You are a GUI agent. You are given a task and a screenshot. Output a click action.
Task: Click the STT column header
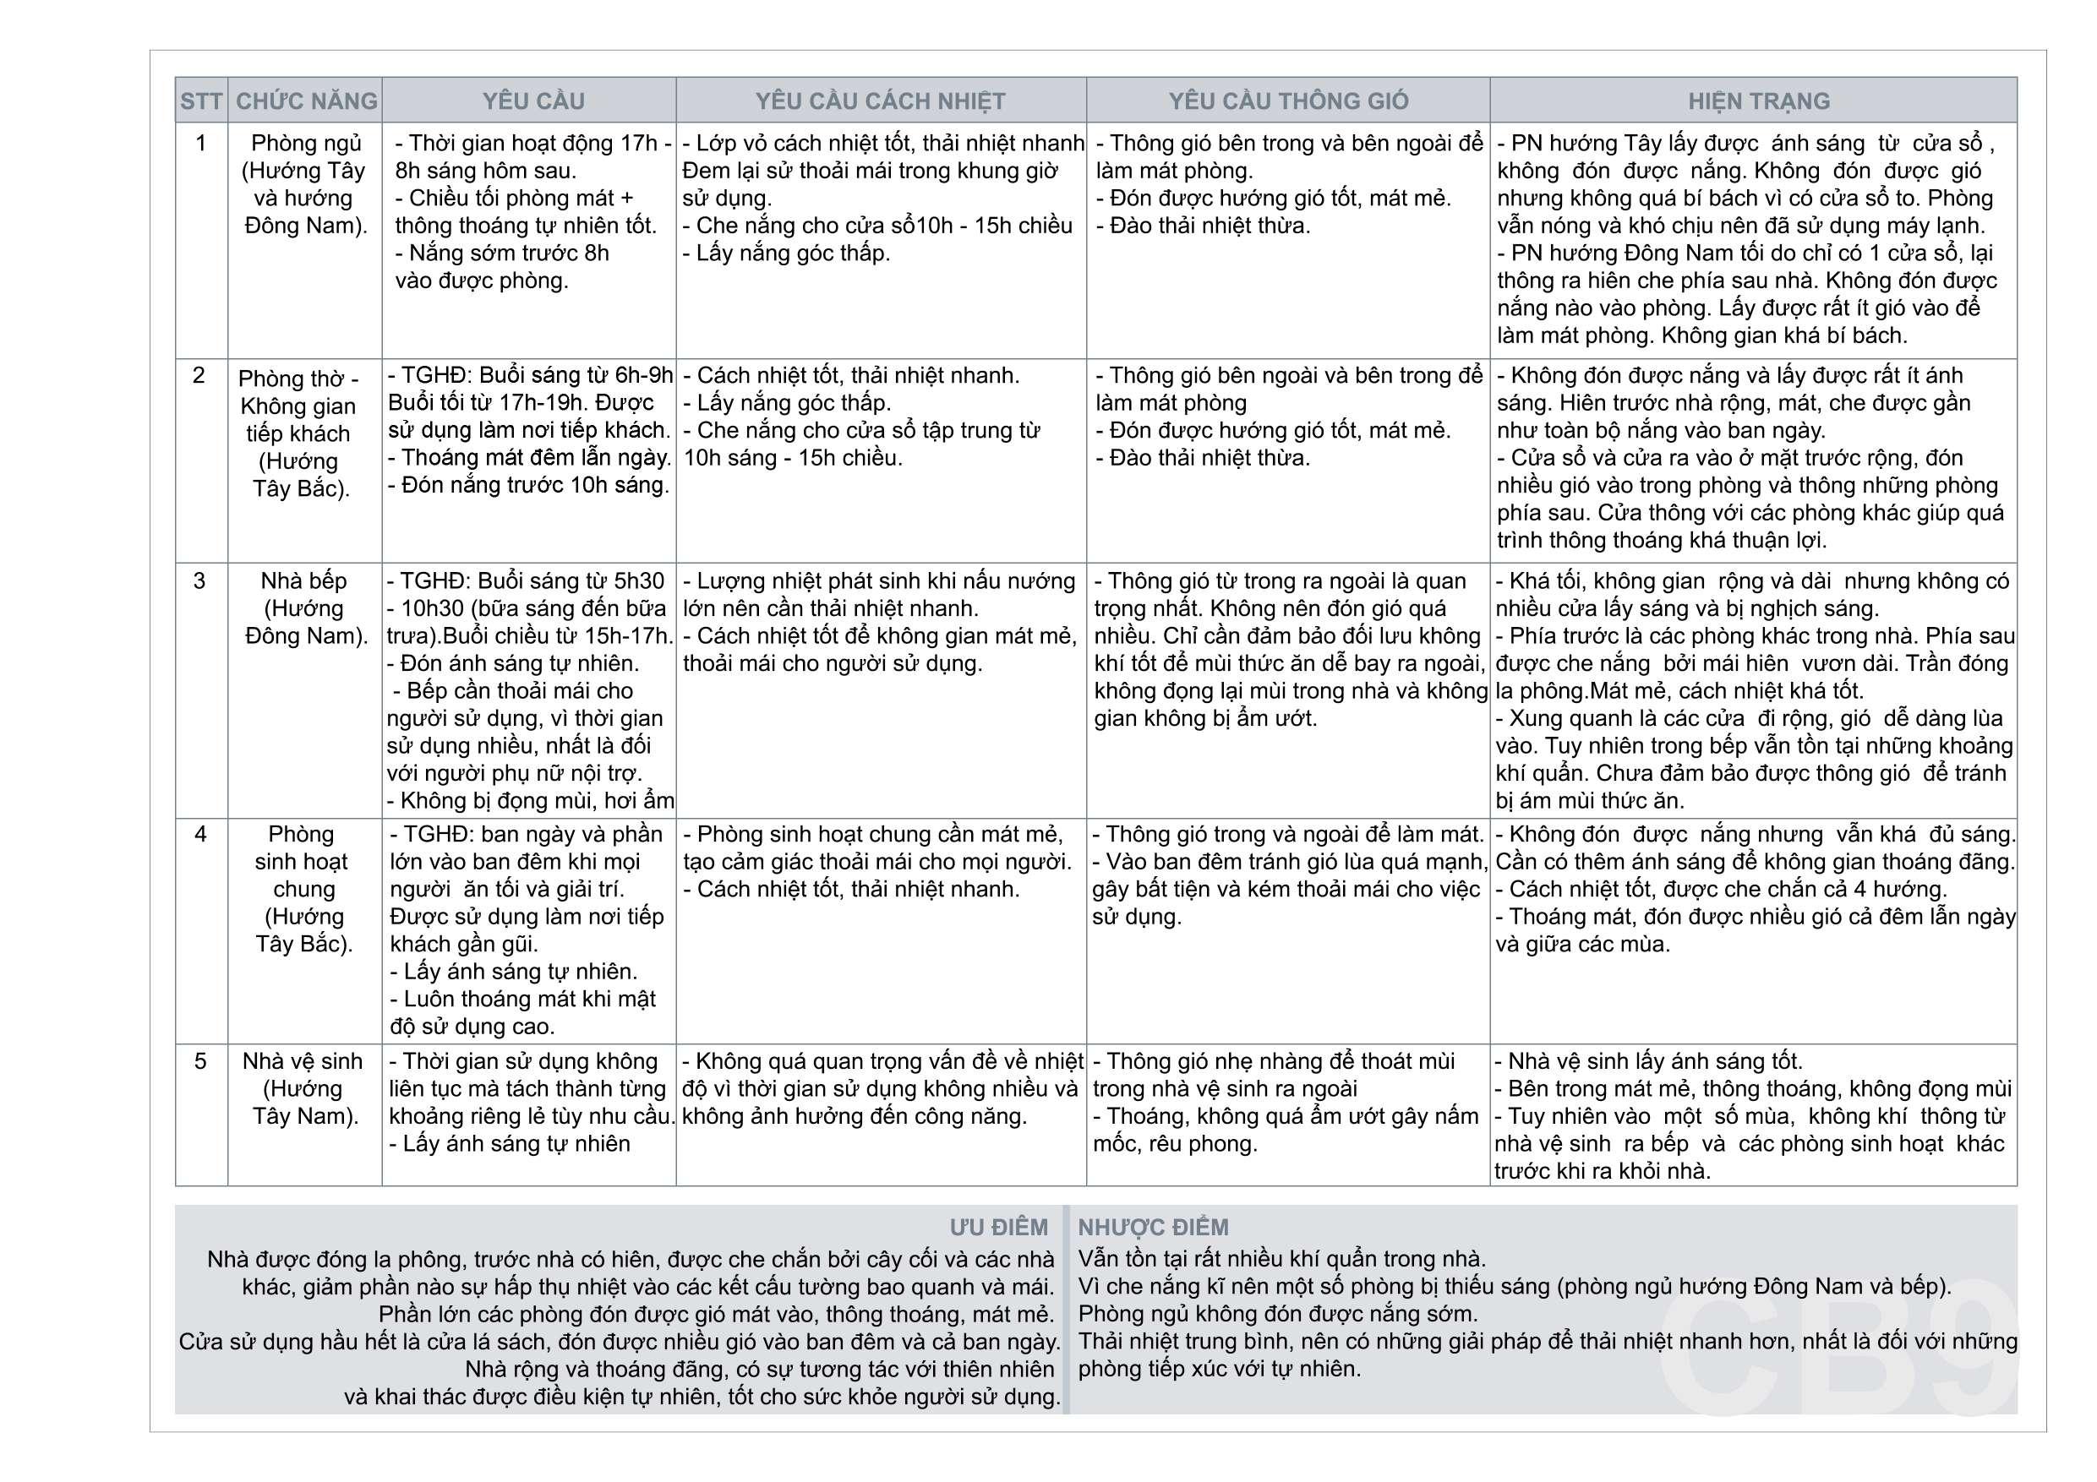(201, 101)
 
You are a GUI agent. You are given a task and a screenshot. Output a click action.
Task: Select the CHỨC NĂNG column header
(306, 101)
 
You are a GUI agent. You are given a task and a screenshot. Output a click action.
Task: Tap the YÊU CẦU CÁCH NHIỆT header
(881, 101)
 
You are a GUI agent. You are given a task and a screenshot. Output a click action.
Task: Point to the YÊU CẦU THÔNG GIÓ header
(1288, 101)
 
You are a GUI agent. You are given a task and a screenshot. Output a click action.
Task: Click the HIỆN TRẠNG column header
(1758, 101)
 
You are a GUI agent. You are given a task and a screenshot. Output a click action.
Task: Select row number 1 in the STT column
(201, 143)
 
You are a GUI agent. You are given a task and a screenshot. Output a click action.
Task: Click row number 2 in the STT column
(199, 374)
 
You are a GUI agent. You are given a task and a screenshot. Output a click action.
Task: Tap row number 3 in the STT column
(199, 580)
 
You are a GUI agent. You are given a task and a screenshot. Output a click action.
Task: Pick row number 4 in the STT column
(200, 834)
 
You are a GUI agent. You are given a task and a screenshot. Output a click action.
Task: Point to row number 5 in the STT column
(200, 1061)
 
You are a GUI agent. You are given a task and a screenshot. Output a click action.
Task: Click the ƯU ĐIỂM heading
(998, 1226)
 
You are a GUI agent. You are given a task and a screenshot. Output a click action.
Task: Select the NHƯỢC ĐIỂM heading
(1153, 1226)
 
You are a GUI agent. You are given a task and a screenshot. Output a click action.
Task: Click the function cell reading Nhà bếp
(304, 608)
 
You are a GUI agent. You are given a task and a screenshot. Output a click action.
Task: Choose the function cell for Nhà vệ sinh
(303, 1088)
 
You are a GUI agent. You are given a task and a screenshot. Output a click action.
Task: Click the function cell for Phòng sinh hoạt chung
(303, 889)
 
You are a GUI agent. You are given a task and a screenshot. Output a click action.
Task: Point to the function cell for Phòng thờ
(298, 433)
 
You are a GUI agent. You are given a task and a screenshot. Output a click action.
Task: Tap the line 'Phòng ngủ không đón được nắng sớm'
(1277, 1314)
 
